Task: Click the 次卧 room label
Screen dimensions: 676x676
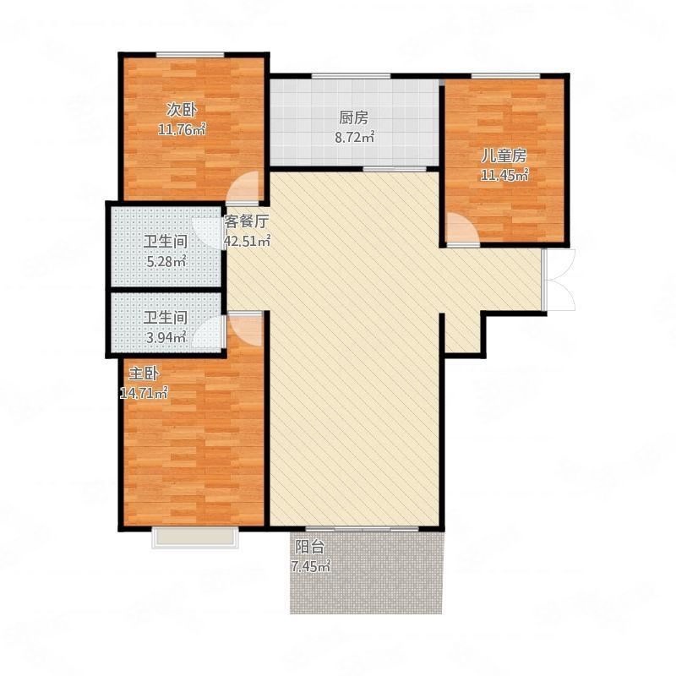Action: [182, 111]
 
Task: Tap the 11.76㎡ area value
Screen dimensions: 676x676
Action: [182, 129]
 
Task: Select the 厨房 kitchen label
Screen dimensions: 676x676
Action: [354, 117]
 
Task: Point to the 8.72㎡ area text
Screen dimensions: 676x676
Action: [354, 137]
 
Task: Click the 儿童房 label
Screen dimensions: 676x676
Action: [504, 156]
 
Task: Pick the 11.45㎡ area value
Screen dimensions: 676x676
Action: [504, 175]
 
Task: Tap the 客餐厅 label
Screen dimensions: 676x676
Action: [247, 221]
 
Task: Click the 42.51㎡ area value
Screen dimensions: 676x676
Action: [247, 241]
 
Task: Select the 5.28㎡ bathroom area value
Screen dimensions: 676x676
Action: [166, 261]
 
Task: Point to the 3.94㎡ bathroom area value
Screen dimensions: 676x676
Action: [166, 336]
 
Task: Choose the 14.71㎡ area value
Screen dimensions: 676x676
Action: [144, 393]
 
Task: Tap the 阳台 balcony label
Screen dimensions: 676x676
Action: [309, 547]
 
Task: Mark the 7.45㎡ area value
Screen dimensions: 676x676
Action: [311, 566]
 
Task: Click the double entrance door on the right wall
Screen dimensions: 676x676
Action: [559, 280]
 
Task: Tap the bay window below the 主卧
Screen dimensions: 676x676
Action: [195, 537]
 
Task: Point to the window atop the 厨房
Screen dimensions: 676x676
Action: [352, 76]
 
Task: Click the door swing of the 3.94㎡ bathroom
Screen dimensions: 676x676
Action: [207, 332]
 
